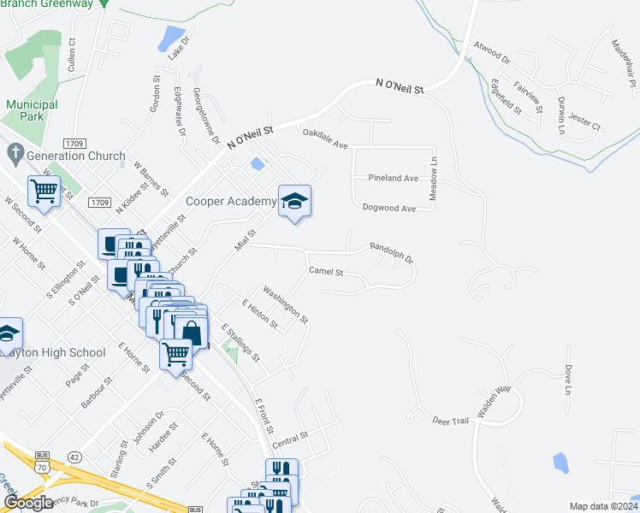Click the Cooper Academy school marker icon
(x=294, y=202)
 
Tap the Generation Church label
(x=76, y=156)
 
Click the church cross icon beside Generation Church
(x=14, y=155)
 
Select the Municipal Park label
(x=32, y=110)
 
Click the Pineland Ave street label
(x=393, y=179)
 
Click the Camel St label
(x=325, y=273)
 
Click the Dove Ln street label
(x=566, y=379)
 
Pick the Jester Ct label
(x=585, y=125)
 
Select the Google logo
(x=28, y=502)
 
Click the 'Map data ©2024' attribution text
(x=602, y=506)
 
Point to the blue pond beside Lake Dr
(x=172, y=38)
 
